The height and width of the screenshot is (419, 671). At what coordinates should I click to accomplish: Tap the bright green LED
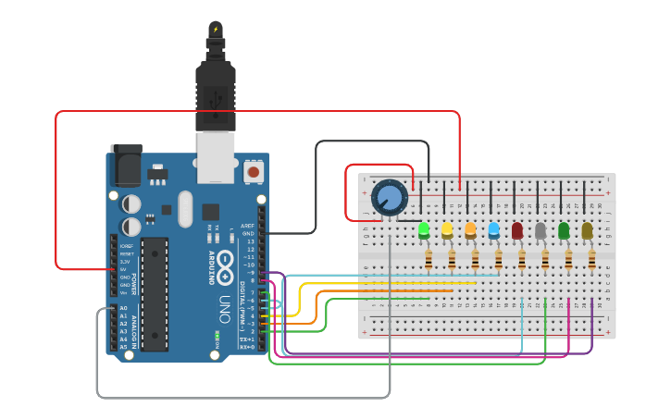point(424,229)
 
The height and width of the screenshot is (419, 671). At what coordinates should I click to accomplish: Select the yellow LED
point(447,229)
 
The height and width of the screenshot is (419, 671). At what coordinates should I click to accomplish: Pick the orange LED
point(470,229)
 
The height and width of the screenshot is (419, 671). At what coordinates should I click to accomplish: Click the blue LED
point(493,229)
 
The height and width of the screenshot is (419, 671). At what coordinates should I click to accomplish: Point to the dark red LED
point(517,229)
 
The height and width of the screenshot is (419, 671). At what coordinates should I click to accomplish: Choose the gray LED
point(541,229)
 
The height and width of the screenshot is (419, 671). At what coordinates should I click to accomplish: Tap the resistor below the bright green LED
point(429,262)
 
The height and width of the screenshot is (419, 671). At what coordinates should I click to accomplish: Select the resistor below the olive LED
point(591,262)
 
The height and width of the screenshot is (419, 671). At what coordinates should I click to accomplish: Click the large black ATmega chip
point(155,294)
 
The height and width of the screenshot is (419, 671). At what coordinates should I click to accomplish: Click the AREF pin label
point(248,226)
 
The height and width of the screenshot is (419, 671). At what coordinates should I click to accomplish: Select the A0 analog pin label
point(124,308)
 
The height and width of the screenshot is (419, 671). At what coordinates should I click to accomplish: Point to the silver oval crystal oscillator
point(185,208)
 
